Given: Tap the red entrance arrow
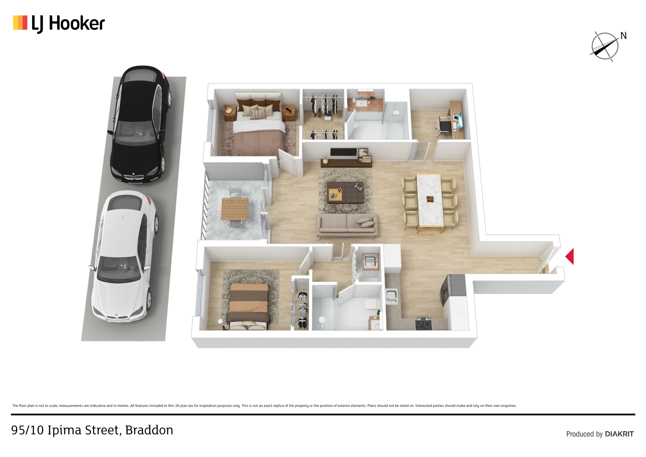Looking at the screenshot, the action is tap(570, 256).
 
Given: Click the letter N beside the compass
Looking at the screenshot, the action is tap(624, 36).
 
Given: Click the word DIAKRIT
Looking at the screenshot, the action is tap(619, 434).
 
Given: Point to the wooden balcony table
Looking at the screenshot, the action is tap(235, 209).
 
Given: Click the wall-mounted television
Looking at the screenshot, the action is tap(343, 152).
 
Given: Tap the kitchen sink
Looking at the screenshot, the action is tap(392, 296).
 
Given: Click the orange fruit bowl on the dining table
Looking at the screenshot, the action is tap(430, 199).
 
